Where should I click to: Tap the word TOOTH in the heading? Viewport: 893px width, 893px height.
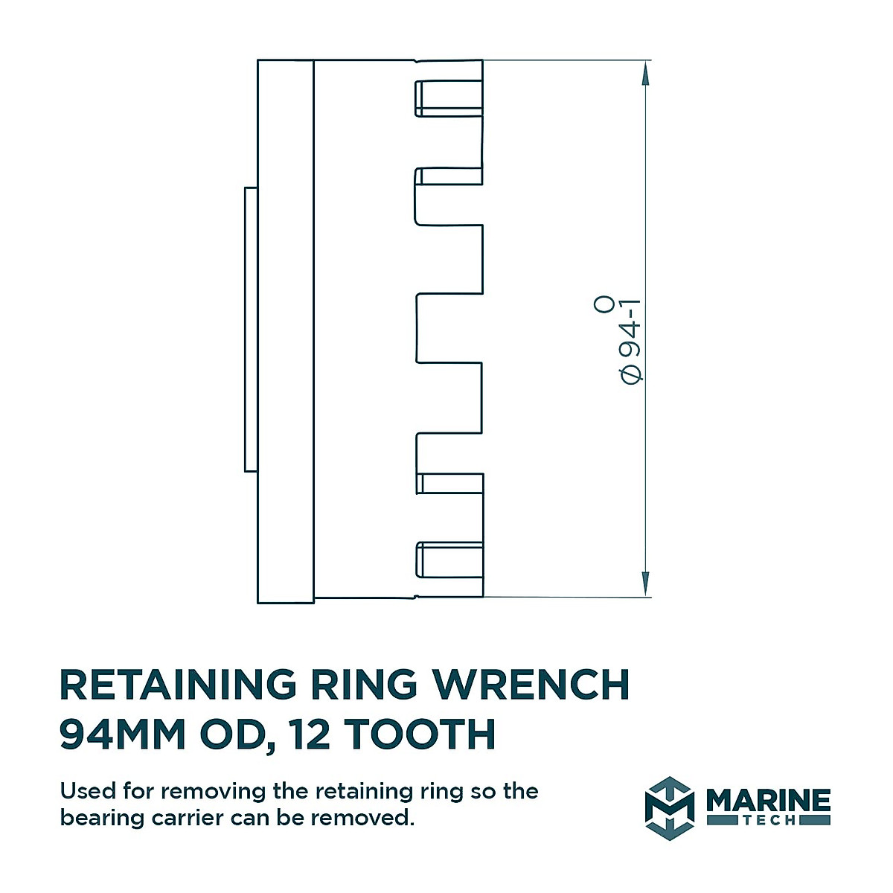(x=420, y=734)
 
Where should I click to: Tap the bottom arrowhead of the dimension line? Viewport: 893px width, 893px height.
(x=645, y=584)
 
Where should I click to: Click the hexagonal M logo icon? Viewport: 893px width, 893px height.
(x=669, y=808)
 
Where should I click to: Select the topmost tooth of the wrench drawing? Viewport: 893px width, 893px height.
(x=449, y=98)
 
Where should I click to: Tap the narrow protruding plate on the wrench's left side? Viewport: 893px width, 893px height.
(x=251, y=329)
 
